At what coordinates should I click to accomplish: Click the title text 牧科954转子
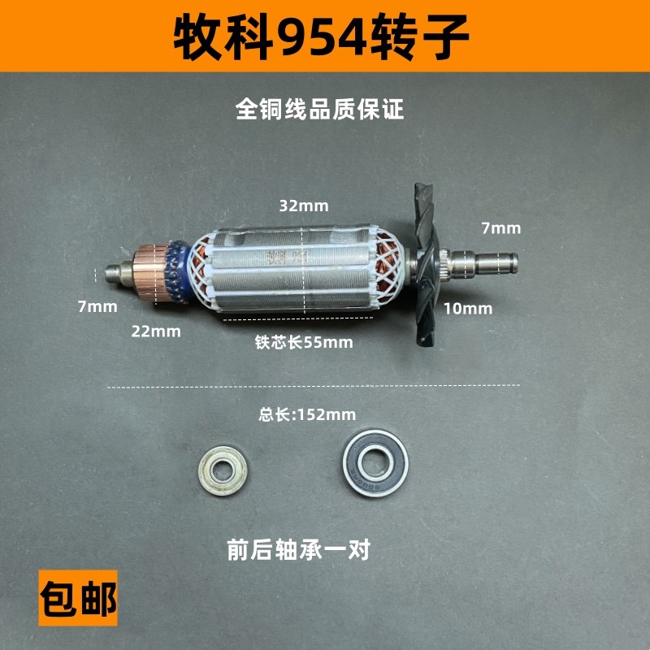tap(323, 37)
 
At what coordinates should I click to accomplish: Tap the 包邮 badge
tap(79, 597)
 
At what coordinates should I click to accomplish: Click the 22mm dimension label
tap(156, 331)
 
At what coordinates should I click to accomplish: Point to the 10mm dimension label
tap(467, 308)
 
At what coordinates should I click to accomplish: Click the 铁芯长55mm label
tap(303, 342)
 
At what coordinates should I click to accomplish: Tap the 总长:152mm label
tap(307, 414)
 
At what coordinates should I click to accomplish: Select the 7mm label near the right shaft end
tap(500, 228)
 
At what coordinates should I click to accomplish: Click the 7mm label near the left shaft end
tap(97, 306)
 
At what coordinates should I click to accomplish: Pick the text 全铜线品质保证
tap(319, 109)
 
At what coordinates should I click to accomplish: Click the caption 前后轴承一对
tap(299, 550)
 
